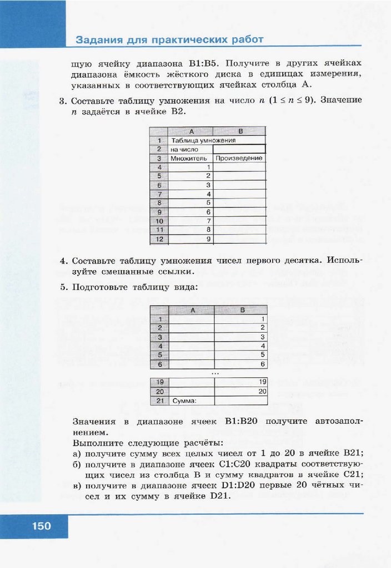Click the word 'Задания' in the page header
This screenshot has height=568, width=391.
coord(96,40)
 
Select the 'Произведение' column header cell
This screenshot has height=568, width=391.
coord(239,158)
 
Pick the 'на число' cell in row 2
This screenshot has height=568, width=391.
coord(184,149)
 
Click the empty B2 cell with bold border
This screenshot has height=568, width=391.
coord(239,149)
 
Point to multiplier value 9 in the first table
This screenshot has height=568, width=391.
coord(208,239)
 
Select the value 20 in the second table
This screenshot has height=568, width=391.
coord(263,391)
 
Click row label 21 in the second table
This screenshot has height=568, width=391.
coord(160,400)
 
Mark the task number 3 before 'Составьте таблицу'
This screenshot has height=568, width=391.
coord(62,101)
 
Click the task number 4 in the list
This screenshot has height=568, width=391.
coord(63,261)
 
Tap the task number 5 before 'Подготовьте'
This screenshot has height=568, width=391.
coord(63,287)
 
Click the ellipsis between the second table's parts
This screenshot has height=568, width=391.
coord(215,374)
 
